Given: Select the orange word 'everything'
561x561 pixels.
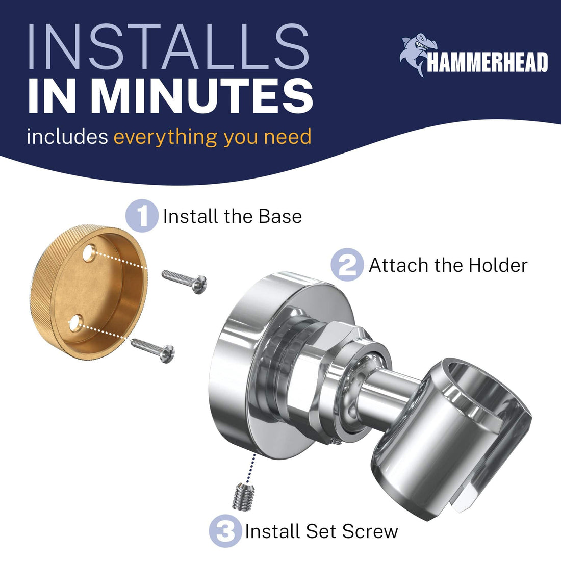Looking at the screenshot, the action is (165, 137).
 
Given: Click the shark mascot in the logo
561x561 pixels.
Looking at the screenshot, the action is (418, 54).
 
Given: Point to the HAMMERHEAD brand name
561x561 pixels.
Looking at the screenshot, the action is (487, 63).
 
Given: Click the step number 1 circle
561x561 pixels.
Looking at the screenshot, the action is (142, 216).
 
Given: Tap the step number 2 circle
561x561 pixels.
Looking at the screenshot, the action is (347, 265).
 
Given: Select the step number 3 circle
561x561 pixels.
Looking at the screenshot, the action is (225, 531).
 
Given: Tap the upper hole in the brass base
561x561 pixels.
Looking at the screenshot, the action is (89, 252).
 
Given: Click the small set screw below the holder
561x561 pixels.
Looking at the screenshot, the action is (244, 497).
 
